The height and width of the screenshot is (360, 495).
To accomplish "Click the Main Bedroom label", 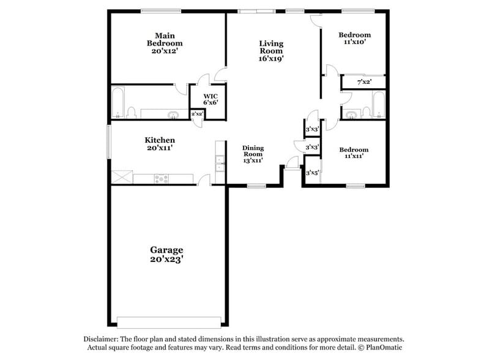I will [x=164, y=40].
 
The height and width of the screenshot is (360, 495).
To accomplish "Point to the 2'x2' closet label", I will [x=196, y=114].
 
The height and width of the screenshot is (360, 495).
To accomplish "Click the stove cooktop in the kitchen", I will [x=162, y=179].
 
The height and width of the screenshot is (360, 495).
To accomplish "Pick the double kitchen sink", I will [x=219, y=163].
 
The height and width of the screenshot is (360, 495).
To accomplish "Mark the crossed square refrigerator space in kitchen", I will [x=121, y=178].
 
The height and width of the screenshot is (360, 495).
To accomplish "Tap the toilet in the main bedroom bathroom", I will [x=131, y=112].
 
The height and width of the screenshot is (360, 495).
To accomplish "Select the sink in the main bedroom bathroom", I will [x=173, y=114].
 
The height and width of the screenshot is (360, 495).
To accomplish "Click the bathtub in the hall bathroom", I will [x=379, y=105].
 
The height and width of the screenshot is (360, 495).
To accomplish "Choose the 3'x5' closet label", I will [x=312, y=173].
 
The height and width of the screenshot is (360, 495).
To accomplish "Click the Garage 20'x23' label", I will [x=166, y=254].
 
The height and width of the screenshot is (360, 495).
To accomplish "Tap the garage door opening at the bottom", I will [x=168, y=321].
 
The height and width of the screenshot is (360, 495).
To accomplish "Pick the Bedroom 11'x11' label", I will [x=354, y=153].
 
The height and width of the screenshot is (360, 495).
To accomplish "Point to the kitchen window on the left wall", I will [x=110, y=142].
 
